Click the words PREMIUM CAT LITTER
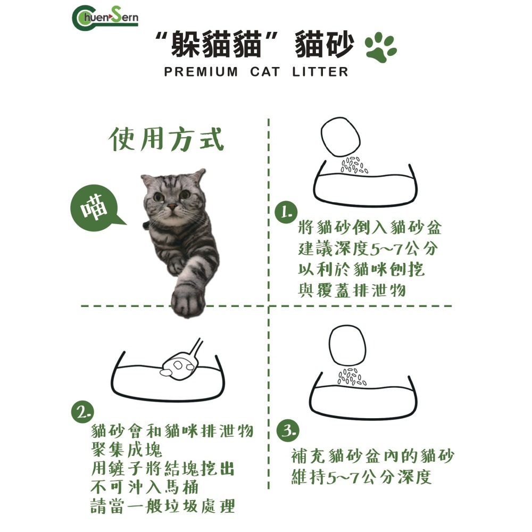click(x=256, y=72)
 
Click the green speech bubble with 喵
click(x=95, y=208)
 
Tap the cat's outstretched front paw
click(x=187, y=297)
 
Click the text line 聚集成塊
click(x=126, y=450)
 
